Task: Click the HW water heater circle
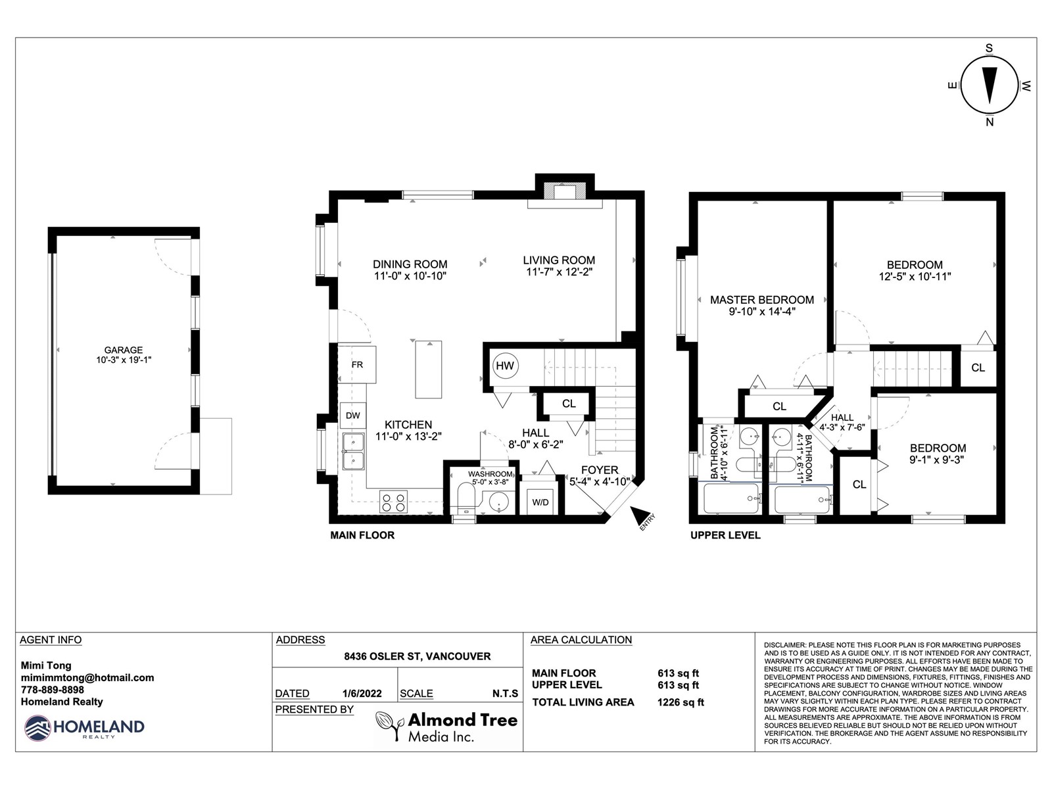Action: click(x=505, y=366)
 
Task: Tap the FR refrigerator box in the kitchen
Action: click(x=356, y=364)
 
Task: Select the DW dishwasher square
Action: click(x=352, y=416)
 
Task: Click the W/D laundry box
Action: click(x=540, y=502)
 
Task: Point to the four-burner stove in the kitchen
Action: click(x=393, y=502)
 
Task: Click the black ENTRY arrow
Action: click(x=639, y=515)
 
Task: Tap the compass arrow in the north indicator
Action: click(x=990, y=85)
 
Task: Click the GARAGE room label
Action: click(x=124, y=350)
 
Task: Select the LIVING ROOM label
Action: click(x=559, y=260)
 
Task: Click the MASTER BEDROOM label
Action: click(x=761, y=300)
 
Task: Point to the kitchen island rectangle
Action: click(x=429, y=370)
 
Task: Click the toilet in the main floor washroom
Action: click(x=466, y=498)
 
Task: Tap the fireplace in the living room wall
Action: click(x=565, y=191)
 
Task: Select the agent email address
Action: click(x=87, y=677)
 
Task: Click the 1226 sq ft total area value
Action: click(x=681, y=702)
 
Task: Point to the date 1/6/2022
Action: click(x=362, y=693)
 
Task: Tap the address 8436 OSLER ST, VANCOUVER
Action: click(x=418, y=656)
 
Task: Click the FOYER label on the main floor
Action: click(x=600, y=470)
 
